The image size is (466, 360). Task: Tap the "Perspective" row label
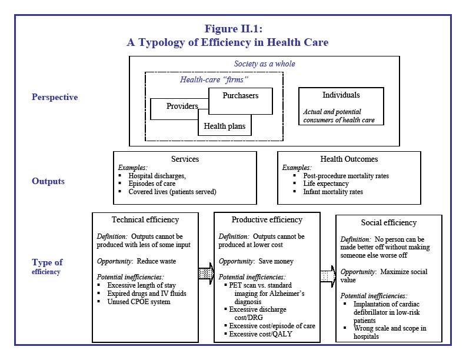[x=55, y=97]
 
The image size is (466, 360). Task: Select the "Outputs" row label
[x=48, y=181]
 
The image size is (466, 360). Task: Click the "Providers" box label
[x=182, y=106]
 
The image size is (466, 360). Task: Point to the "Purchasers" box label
[x=240, y=96]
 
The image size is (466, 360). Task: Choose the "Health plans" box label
[x=225, y=126]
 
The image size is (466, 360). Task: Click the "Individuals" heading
[x=341, y=95]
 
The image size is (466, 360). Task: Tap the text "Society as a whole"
[x=265, y=64]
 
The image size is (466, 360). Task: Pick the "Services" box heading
[x=185, y=159]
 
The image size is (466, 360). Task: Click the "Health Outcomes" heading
[x=349, y=159]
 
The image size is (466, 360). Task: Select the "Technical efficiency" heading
[x=145, y=220]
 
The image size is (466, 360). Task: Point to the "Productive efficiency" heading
[x=267, y=220]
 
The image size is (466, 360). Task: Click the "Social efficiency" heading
[x=388, y=223]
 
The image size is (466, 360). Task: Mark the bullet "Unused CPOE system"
[x=139, y=302]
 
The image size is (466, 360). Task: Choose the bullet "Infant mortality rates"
[x=333, y=192]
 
